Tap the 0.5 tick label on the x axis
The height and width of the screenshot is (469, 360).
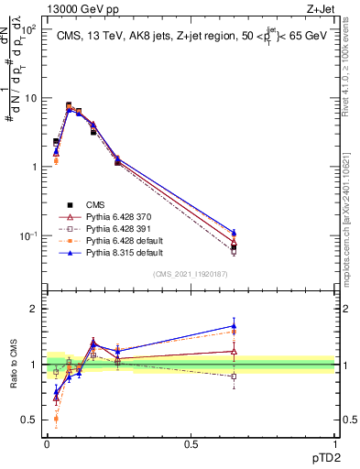click(x=191, y=445)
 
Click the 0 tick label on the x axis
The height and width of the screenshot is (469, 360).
click(x=47, y=445)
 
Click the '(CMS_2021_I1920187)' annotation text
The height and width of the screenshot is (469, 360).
click(x=191, y=273)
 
